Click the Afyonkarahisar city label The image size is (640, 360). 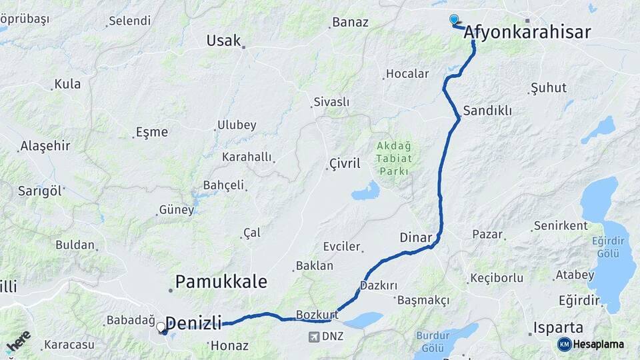coord(527,31)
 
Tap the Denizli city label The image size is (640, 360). coord(193,323)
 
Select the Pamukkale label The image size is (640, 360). coord(221,281)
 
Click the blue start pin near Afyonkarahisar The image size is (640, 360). coord(454,19)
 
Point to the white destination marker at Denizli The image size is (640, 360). coord(161,327)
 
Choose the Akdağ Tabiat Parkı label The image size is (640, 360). coord(394,158)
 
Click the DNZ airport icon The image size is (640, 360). coord(314,336)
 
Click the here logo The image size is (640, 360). coord(18,341)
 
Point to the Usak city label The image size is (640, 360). coord(223,41)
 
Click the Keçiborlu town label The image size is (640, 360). coord(497,277)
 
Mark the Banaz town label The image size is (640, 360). coord(350,22)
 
